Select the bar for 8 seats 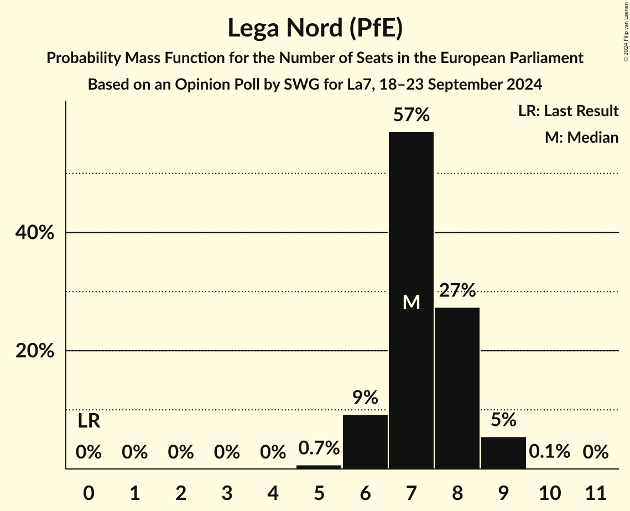[457, 388]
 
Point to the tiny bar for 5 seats [319, 467]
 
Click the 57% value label [411, 115]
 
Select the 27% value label [457, 290]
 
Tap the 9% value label [365, 397]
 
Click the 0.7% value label [319, 447]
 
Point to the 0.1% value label [549, 452]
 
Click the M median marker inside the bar [411, 302]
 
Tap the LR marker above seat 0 [88, 421]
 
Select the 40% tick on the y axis [35, 233]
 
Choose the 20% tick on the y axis [35, 351]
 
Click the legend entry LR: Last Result [568, 111]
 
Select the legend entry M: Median [581, 137]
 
